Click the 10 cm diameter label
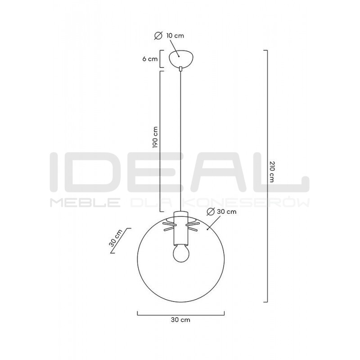[175, 36]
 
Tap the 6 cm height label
[150, 59]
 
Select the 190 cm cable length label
[155, 137]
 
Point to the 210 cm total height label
[272, 172]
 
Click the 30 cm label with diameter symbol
[227, 211]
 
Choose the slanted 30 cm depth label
[116, 238]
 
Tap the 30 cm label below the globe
[180, 320]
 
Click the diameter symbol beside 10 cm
[158, 36]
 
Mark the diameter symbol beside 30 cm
[211, 211]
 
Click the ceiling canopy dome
[181, 58]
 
